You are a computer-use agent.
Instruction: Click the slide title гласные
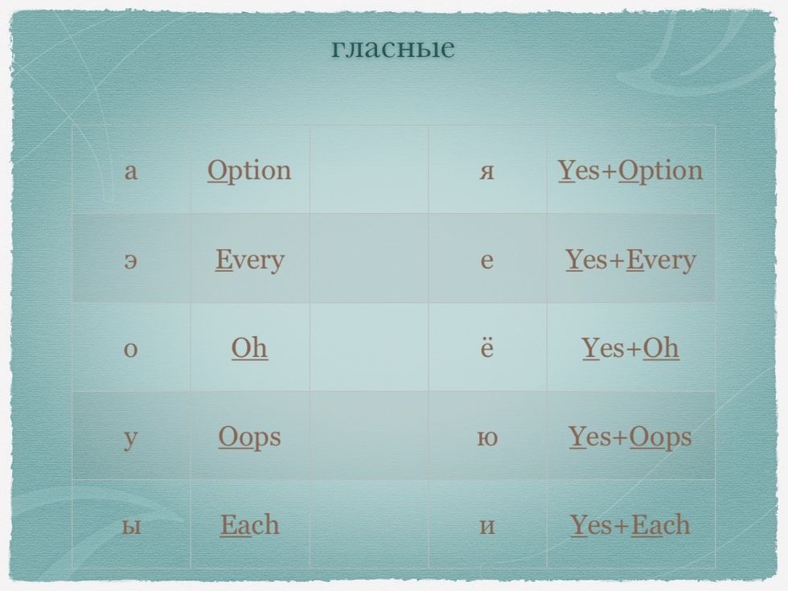click(x=393, y=47)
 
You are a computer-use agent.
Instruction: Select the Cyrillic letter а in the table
click(x=130, y=171)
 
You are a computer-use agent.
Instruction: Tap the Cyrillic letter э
click(x=130, y=261)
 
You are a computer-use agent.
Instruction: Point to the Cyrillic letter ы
click(x=130, y=526)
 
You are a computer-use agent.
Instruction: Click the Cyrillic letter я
click(x=486, y=171)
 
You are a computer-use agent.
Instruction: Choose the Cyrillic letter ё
click(x=487, y=347)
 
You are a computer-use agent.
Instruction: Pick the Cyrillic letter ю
click(x=487, y=437)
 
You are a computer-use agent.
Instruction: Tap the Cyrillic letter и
click(x=487, y=526)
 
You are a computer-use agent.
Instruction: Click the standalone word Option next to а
click(x=249, y=170)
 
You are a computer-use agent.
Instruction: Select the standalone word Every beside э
click(x=250, y=261)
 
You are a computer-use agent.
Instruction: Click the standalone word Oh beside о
click(x=249, y=347)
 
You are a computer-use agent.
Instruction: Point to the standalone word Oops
click(x=249, y=437)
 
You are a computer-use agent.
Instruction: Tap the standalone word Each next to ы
click(x=249, y=525)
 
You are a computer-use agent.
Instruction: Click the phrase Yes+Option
click(x=630, y=170)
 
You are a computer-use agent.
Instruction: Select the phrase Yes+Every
click(x=630, y=261)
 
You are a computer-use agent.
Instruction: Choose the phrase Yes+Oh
click(x=630, y=347)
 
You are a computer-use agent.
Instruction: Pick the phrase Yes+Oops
click(x=630, y=437)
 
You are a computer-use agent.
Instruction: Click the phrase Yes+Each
click(x=630, y=525)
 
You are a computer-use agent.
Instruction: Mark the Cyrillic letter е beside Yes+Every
click(x=487, y=261)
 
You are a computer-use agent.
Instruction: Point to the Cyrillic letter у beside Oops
click(x=130, y=439)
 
